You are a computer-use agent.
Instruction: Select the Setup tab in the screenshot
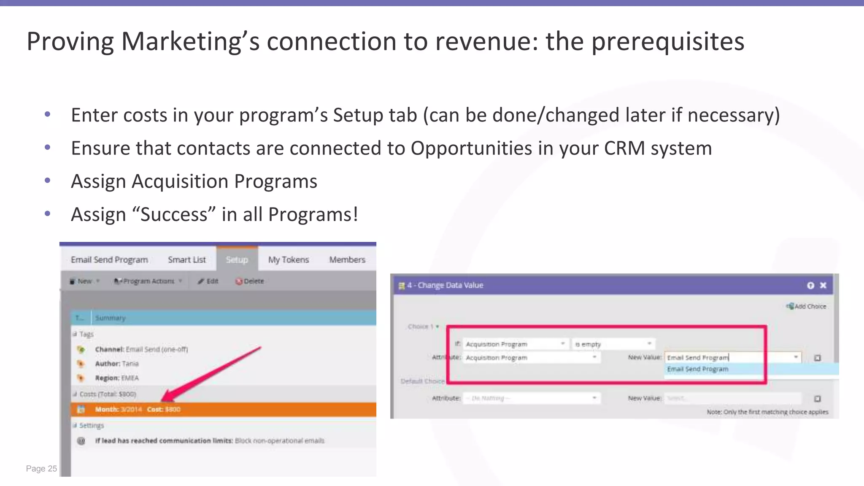pyautogui.click(x=237, y=259)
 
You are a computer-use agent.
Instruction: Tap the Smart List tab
pyautogui.click(x=186, y=259)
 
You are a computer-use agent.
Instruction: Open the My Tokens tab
pyautogui.click(x=289, y=259)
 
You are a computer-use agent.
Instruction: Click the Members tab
pyautogui.click(x=347, y=259)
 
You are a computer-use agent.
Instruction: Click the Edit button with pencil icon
pyautogui.click(x=208, y=281)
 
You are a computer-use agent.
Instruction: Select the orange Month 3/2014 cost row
pyautogui.click(x=224, y=409)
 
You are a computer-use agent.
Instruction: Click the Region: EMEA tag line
pyautogui.click(x=116, y=378)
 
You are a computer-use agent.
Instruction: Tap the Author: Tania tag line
pyautogui.click(x=116, y=364)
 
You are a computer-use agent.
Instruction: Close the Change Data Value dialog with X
pyautogui.click(x=823, y=286)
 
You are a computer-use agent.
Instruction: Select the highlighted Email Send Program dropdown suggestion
pyautogui.click(x=698, y=369)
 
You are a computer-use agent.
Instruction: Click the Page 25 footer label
pyautogui.click(x=41, y=469)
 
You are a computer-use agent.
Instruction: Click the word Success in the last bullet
pyautogui.click(x=174, y=215)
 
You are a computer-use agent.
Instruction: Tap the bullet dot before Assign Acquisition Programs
pyautogui.click(x=48, y=181)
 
